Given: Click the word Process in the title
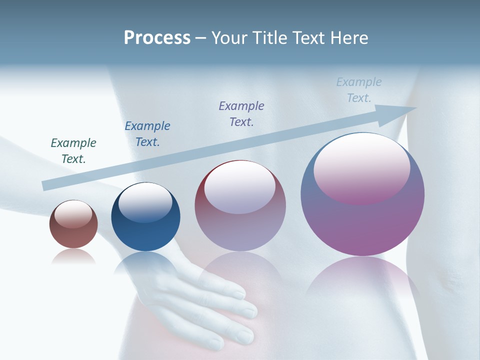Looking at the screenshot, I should [157, 38].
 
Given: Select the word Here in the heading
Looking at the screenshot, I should [349, 38].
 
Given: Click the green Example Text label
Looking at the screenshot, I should [73, 151].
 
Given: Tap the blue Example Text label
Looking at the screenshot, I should [147, 134].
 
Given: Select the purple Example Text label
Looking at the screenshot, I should [241, 113].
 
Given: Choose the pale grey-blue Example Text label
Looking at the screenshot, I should [359, 90].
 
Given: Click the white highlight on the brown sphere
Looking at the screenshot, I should [73, 214].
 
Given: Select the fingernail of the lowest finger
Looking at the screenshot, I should [216, 344].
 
